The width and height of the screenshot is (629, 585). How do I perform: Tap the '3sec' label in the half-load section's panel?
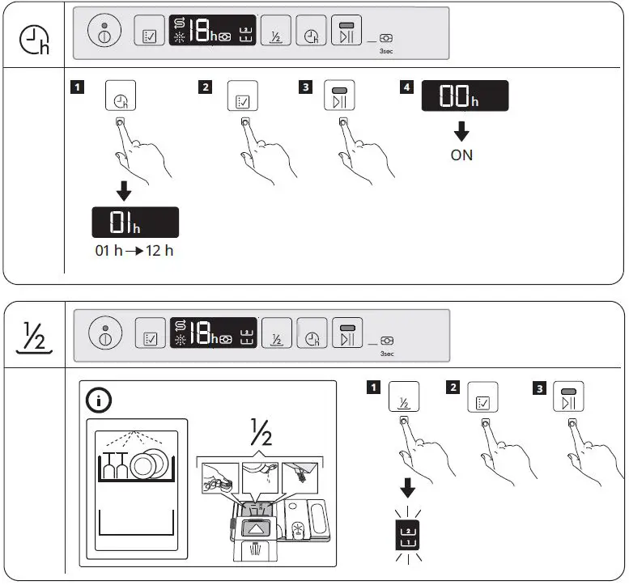[386, 353]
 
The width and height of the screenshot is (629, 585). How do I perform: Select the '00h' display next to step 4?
[465, 97]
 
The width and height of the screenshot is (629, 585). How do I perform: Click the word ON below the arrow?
[461, 155]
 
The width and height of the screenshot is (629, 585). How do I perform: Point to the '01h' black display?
[134, 223]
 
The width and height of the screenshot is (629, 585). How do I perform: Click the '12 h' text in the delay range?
[158, 250]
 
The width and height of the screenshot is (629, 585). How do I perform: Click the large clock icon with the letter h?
[34, 41]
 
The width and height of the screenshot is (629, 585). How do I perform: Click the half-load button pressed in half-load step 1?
[403, 396]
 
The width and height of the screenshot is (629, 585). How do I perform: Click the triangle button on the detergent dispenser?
[259, 527]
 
